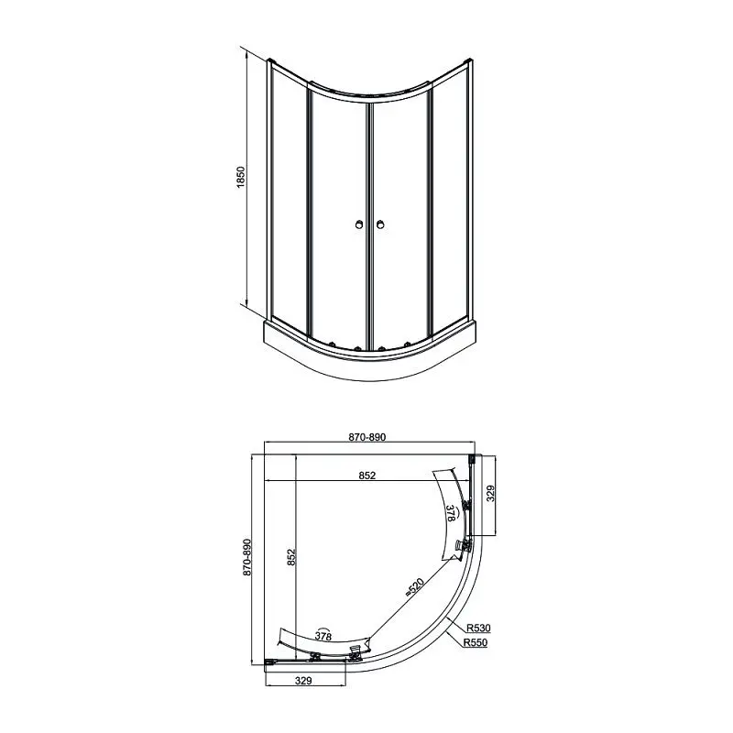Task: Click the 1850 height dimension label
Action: click(241, 177)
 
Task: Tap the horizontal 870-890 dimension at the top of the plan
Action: click(367, 437)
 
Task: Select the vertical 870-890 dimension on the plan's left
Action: click(247, 557)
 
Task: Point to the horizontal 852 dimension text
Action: click(367, 475)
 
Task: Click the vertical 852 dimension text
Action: click(291, 557)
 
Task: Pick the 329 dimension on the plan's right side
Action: click(490, 493)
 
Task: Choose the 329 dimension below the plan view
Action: click(303, 681)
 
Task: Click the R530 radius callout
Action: click(478, 628)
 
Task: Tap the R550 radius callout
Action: click(475, 643)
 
